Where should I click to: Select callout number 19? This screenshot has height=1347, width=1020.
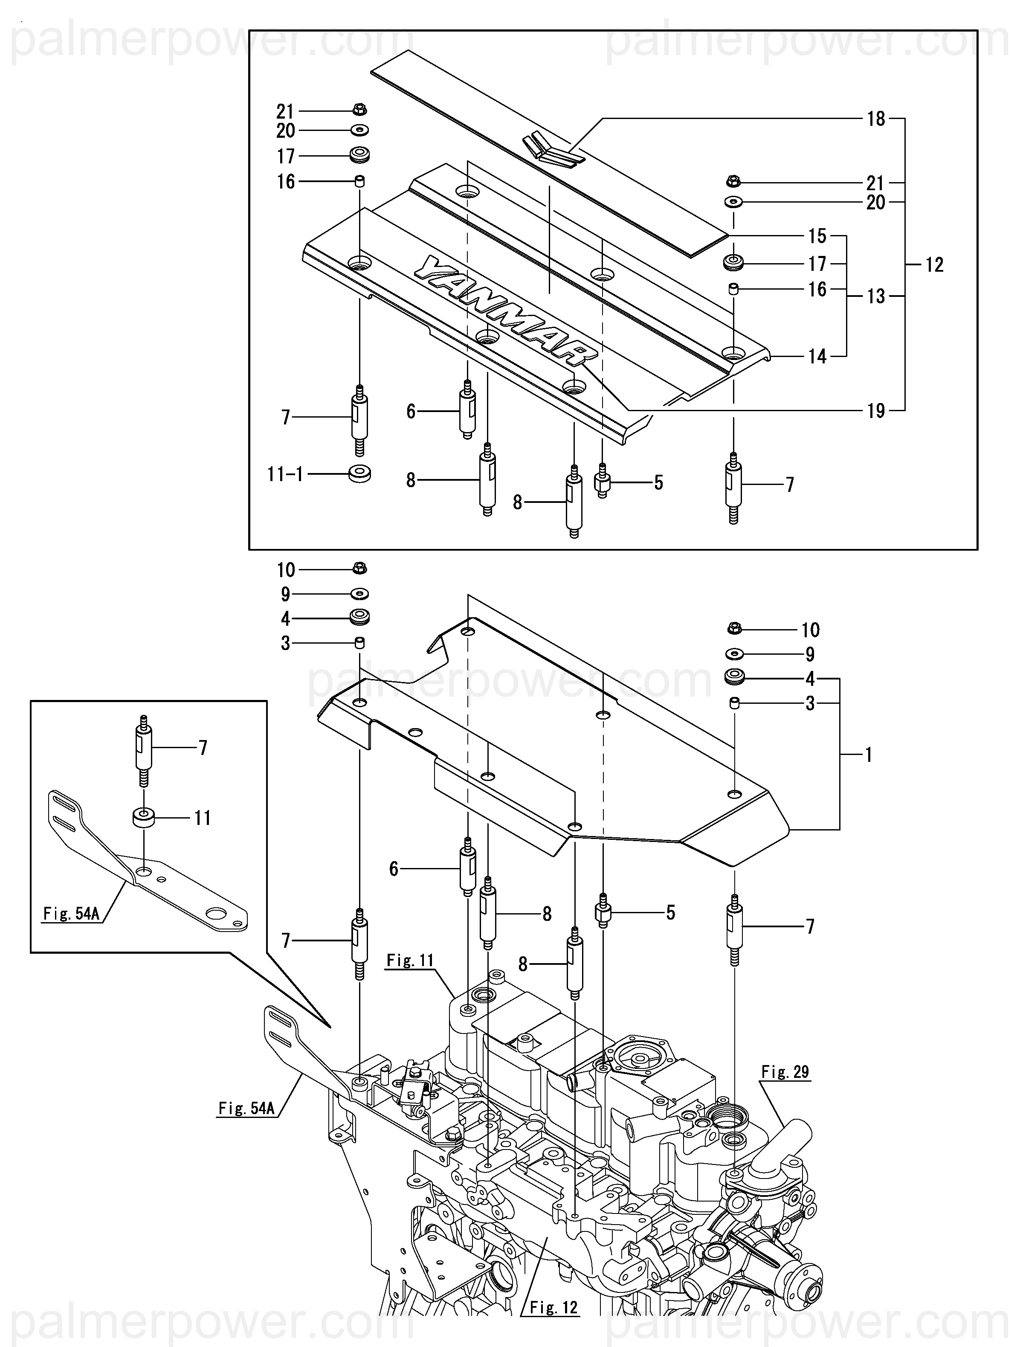[x=876, y=411]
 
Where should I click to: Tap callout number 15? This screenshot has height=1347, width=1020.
[x=817, y=236]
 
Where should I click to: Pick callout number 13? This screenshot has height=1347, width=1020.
[x=876, y=296]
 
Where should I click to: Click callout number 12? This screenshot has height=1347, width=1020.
[x=934, y=265]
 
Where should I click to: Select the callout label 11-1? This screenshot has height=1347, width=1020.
[x=285, y=474]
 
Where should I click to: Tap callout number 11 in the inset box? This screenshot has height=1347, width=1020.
[x=202, y=818]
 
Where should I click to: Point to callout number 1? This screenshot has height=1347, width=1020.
[x=868, y=755]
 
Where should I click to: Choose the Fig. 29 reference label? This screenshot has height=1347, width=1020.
[x=785, y=1072]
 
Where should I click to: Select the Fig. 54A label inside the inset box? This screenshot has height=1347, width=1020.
[x=71, y=914]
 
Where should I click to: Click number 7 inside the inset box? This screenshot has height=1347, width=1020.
[x=203, y=747]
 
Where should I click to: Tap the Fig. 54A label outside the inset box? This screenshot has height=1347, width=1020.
[x=246, y=1108]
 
